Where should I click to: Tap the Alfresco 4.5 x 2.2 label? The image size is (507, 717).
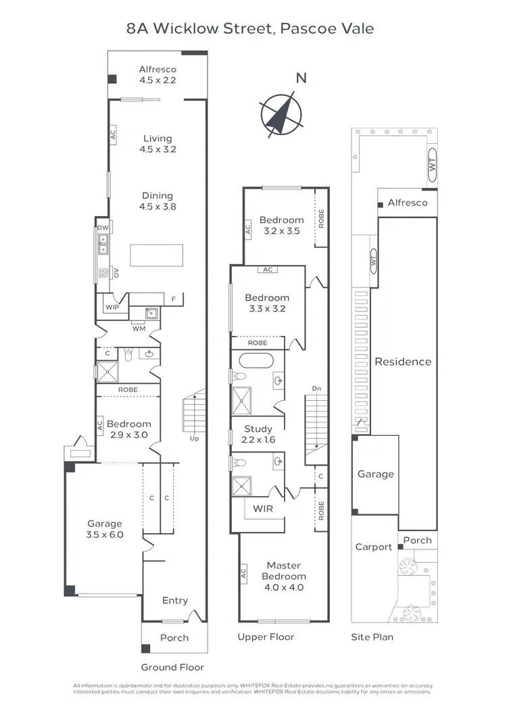[x=158, y=74]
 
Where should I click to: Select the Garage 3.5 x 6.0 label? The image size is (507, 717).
[x=104, y=528]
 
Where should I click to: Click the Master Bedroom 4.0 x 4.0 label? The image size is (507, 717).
[x=285, y=576]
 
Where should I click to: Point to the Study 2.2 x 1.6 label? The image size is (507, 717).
[x=258, y=434]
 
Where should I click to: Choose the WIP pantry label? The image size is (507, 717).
[x=112, y=307]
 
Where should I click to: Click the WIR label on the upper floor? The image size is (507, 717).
[x=263, y=508]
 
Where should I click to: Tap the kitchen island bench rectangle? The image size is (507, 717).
[x=156, y=256]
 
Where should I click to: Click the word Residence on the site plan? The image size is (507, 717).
[x=403, y=362]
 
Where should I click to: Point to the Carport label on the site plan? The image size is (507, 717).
[x=373, y=547]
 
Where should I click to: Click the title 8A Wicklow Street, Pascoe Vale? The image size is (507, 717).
[x=250, y=28]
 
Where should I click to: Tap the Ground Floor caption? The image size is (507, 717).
[x=172, y=667]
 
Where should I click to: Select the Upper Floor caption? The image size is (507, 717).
[x=266, y=637]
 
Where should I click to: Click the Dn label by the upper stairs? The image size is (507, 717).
[x=316, y=389]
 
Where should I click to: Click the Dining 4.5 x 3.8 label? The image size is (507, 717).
[x=157, y=201]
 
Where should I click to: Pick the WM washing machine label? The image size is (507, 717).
[x=139, y=328]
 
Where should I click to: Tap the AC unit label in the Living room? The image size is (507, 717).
[x=113, y=134]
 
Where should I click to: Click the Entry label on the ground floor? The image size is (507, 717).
[x=175, y=600]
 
